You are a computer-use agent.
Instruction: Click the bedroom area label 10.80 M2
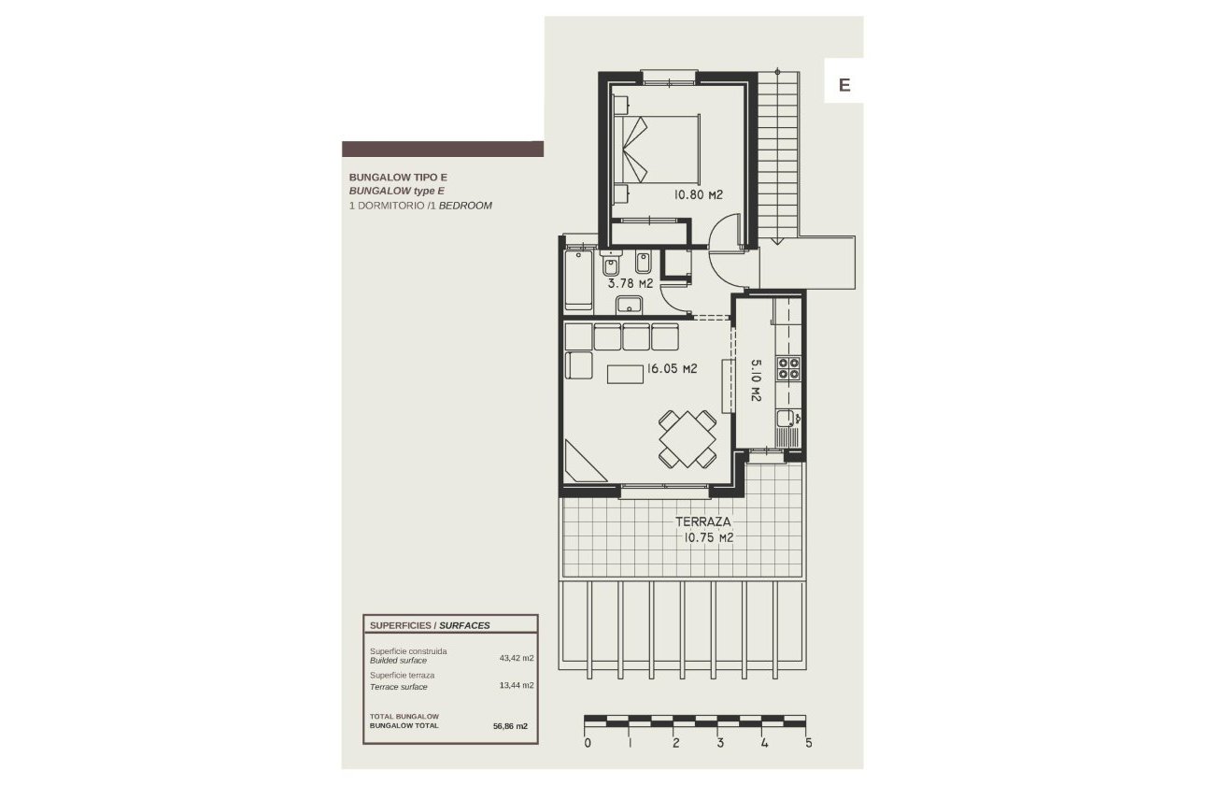[x=699, y=195]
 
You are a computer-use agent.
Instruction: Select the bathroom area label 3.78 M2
[x=631, y=282]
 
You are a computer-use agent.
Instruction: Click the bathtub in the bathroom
[x=578, y=278]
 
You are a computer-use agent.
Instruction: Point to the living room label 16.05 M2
[x=672, y=368]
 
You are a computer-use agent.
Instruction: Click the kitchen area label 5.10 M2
[x=755, y=381]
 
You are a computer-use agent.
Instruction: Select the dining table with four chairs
[x=688, y=438]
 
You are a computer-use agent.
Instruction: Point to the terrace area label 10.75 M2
[x=704, y=538]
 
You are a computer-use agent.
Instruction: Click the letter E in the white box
[x=843, y=85]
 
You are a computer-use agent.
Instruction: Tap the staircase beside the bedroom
[x=777, y=154]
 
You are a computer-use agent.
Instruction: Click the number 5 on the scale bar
[x=808, y=744]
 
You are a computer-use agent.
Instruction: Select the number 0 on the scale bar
[x=587, y=744]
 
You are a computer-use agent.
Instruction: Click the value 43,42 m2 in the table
[x=516, y=658]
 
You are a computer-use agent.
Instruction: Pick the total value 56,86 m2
[x=510, y=725]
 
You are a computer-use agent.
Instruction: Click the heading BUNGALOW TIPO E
[x=386, y=177]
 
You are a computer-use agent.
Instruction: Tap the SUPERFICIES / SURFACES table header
[x=430, y=625]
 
